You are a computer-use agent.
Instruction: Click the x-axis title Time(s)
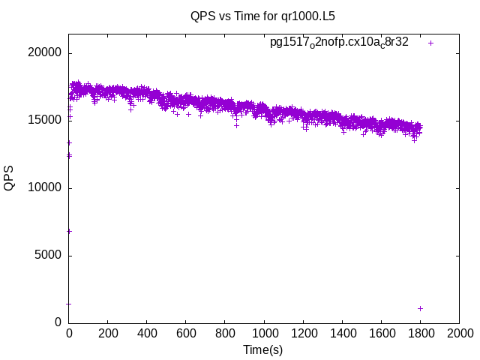click(x=262, y=349)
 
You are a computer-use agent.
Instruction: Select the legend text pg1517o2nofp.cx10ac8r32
click(x=339, y=43)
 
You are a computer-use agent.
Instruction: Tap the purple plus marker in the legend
click(x=430, y=43)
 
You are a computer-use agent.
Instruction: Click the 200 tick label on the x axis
click(x=108, y=333)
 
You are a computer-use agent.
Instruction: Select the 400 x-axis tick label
click(x=147, y=333)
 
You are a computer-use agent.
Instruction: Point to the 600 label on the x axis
click(x=186, y=333)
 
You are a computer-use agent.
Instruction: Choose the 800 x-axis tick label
click(x=225, y=333)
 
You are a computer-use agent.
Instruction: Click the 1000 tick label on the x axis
click(x=264, y=333)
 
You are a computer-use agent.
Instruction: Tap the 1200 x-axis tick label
click(x=303, y=333)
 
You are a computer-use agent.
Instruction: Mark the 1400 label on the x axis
click(x=342, y=333)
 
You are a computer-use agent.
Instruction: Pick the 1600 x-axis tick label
click(x=381, y=333)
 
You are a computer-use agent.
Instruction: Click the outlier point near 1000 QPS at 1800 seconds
click(x=420, y=308)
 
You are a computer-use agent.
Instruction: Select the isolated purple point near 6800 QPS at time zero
click(x=69, y=231)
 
